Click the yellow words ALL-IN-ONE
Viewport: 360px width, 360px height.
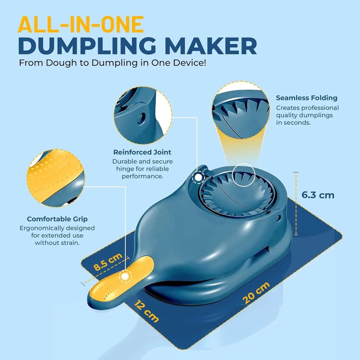click(x=81, y=25)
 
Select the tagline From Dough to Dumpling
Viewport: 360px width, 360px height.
click(x=113, y=63)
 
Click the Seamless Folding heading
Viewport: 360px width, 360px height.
click(x=306, y=98)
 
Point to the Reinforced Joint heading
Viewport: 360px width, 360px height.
click(x=142, y=152)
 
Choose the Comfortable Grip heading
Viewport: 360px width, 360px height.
click(x=57, y=219)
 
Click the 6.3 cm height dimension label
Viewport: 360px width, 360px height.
click(x=318, y=195)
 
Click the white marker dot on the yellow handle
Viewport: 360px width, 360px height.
click(x=125, y=276)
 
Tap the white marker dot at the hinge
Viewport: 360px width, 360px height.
click(x=198, y=177)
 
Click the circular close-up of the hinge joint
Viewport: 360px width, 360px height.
click(x=143, y=115)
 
